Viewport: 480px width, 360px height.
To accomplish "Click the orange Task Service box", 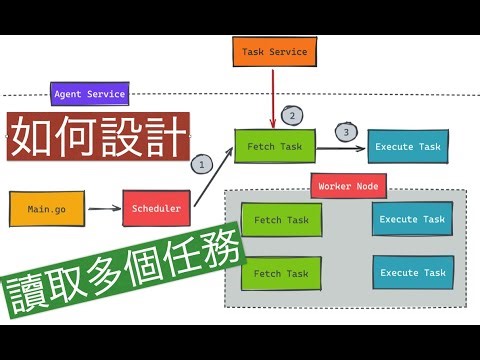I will (274, 52).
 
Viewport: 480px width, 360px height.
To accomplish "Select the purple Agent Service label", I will (89, 95).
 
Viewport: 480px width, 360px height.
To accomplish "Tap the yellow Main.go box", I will (46, 209).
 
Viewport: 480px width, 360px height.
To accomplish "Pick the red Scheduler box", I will (156, 208).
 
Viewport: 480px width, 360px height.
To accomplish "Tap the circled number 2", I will (292, 115).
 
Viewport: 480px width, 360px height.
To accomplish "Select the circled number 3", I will (346, 131).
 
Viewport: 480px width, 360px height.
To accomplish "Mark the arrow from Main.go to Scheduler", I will (103, 209).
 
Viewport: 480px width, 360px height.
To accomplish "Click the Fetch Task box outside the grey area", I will (275, 147).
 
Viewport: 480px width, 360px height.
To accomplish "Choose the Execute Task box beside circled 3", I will (407, 147).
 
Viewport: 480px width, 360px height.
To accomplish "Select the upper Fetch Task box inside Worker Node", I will (281, 220).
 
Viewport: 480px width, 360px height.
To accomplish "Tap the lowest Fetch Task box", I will (281, 273).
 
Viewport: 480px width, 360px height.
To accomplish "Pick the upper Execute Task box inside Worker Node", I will (412, 219).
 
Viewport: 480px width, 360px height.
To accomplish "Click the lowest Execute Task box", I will (412, 273).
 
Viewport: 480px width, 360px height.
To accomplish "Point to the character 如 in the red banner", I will (31, 135).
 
